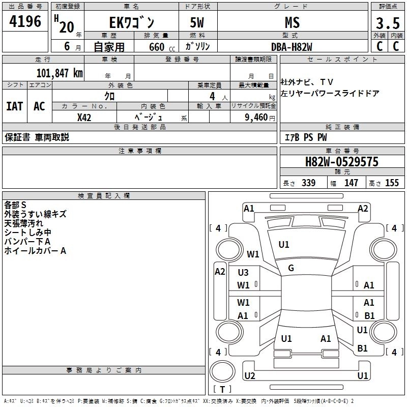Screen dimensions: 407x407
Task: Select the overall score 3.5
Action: (387, 23)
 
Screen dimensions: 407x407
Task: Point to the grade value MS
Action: (292, 23)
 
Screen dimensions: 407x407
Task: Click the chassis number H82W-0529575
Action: (341, 162)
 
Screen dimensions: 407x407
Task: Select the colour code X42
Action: (84, 117)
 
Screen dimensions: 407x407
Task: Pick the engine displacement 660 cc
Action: (155, 47)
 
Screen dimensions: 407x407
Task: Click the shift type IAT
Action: (14, 106)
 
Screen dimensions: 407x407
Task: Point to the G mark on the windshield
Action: (291, 268)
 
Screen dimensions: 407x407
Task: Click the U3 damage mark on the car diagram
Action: (243, 273)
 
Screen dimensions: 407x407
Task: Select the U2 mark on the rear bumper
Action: (249, 376)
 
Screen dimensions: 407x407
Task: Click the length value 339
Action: (308, 183)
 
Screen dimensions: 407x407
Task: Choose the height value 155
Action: (392, 183)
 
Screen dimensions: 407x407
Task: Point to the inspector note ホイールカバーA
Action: (36, 251)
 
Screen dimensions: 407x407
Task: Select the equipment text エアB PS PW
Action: (305, 137)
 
